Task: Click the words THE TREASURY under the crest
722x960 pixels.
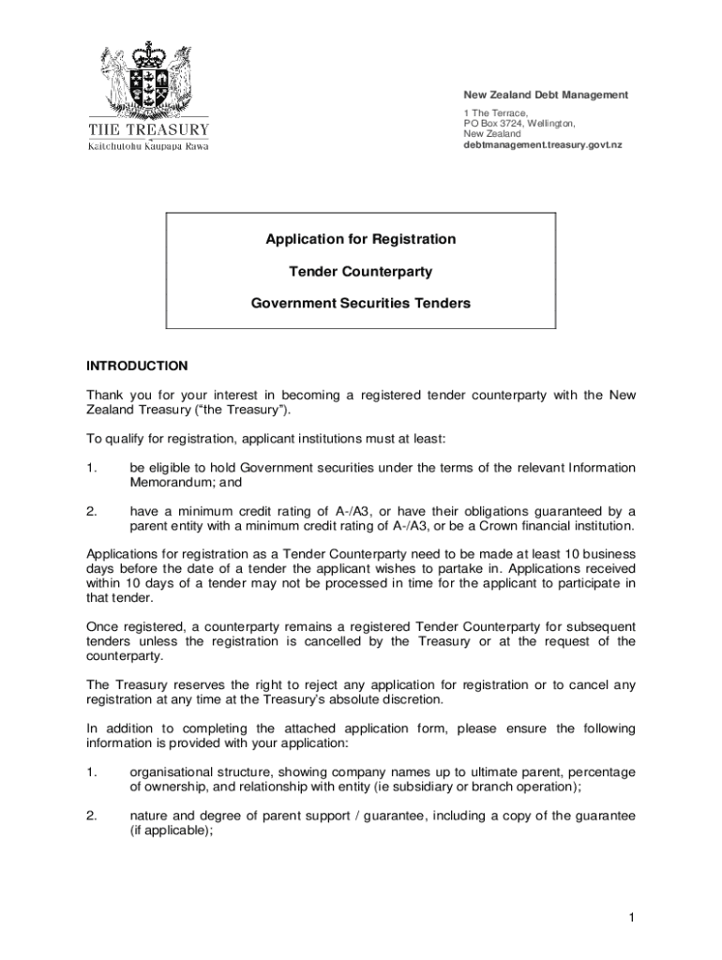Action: pyautogui.click(x=148, y=129)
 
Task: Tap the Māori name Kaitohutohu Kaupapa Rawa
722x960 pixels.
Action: pyautogui.click(x=148, y=146)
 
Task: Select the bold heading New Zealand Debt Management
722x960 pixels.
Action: pyautogui.click(x=546, y=96)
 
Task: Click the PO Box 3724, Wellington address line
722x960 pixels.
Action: pyautogui.click(x=519, y=124)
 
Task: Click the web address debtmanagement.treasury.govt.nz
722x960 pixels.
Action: pyautogui.click(x=543, y=145)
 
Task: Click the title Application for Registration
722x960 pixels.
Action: pyautogui.click(x=361, y=240)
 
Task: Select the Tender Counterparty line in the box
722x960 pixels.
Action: pyautogui.click(x=361, y=272)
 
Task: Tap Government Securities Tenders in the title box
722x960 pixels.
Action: pyautogui.click(x=361, y=304)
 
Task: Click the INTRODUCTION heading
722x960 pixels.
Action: pyautogui.click(x=137, y=366)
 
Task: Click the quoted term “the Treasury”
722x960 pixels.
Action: pyautogui.click(x=247, y=411)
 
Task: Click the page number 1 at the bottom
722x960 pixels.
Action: pyautogui.click(x=633, y=915)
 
